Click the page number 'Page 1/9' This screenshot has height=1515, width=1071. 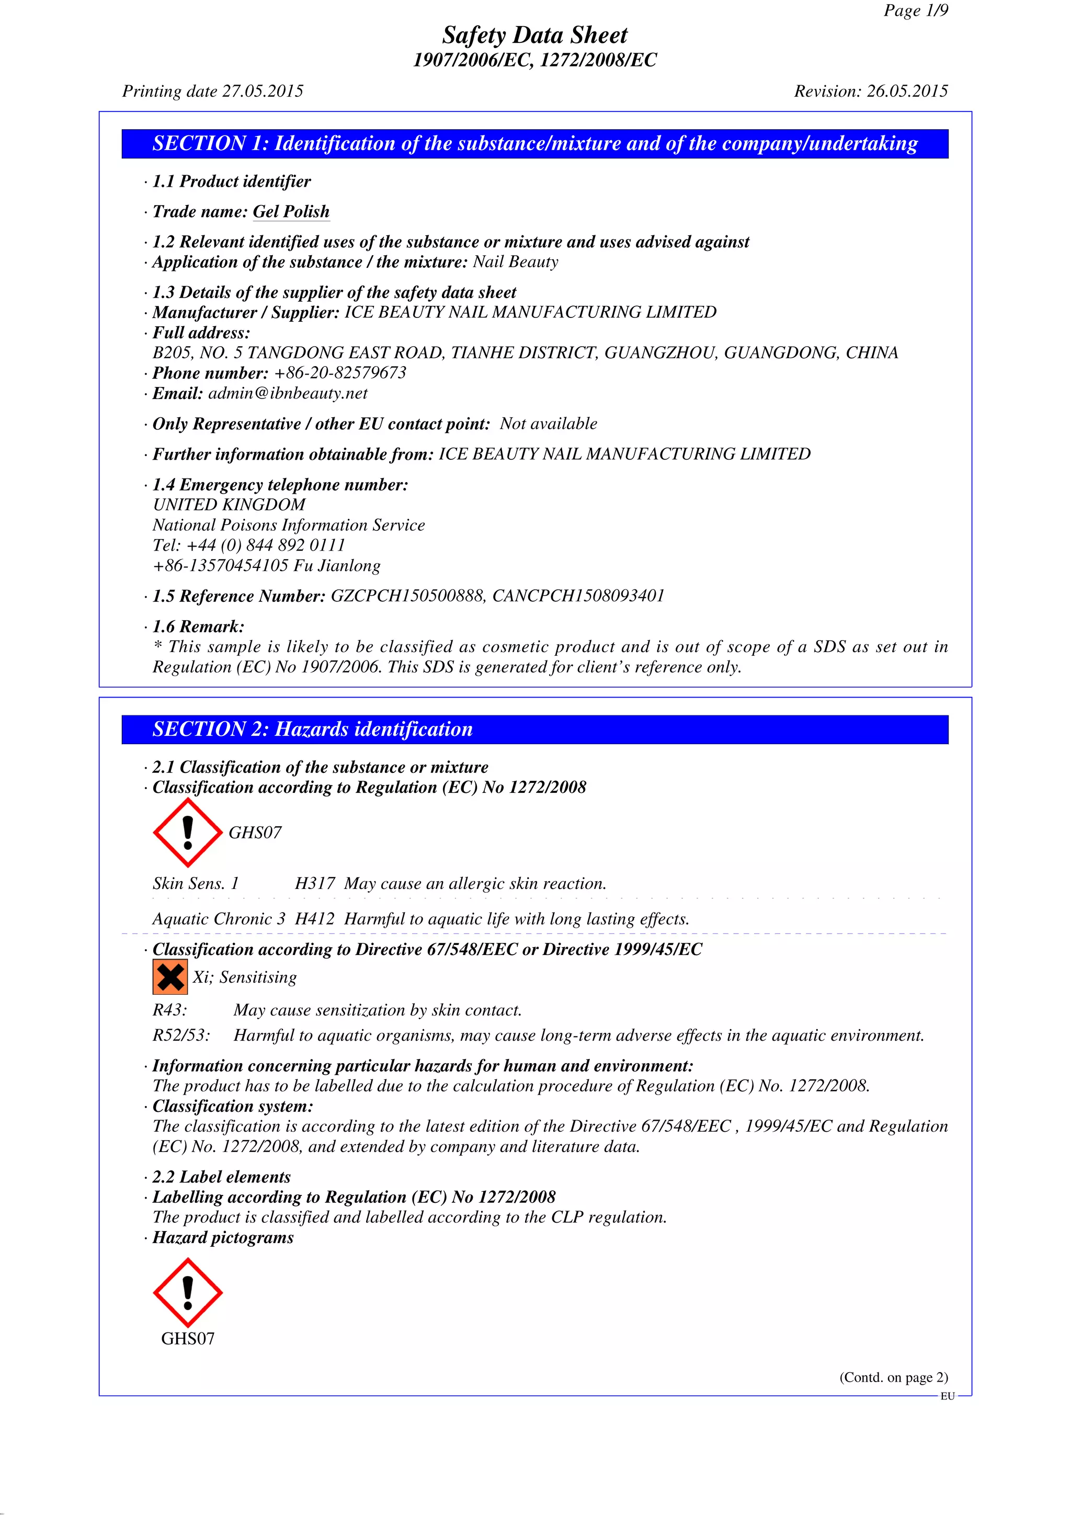click(915, 10)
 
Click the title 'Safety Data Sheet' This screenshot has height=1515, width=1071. click(534, 35)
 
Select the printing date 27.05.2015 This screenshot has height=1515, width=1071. click(263, 91)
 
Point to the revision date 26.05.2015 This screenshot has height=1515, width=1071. click(907, 91)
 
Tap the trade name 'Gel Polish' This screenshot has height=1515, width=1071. click(291, 212)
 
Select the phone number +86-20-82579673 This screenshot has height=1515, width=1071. click(340, 373)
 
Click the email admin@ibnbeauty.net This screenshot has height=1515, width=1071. click(288, 393)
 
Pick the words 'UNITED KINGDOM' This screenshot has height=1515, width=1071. click(229, 505)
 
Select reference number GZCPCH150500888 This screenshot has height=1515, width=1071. click(408, 596)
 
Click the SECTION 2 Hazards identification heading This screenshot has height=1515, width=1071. click(313, 729)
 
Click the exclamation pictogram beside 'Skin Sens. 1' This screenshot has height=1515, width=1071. click(187, 833)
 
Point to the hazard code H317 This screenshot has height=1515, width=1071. click(315, 883)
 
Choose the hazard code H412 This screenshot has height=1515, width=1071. click(315, 919)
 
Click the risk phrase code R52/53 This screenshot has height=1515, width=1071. click(181, 1035)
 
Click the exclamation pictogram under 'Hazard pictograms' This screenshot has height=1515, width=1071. click(187, 1292)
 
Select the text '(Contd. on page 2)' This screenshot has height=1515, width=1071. click(894, 1377)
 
